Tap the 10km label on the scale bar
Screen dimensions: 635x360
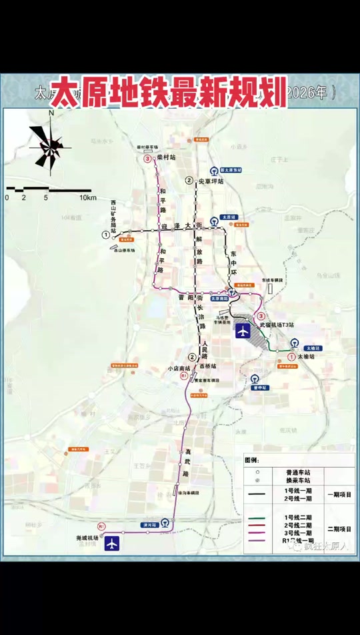pos(87,198)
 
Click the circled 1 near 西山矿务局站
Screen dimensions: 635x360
pos(105,235)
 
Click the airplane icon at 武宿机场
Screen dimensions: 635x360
pos(243,330)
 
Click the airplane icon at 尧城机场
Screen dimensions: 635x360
pos(112,544)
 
